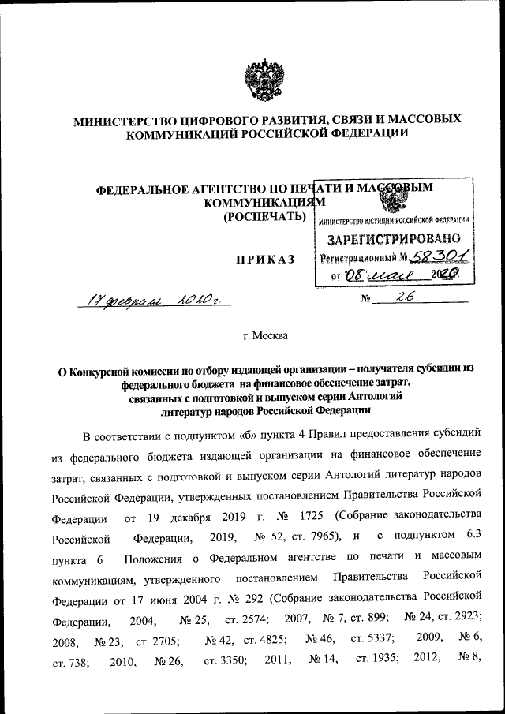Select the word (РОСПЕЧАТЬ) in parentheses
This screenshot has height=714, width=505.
(x=264, y=217)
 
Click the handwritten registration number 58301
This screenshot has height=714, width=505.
(x=439, y=257)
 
